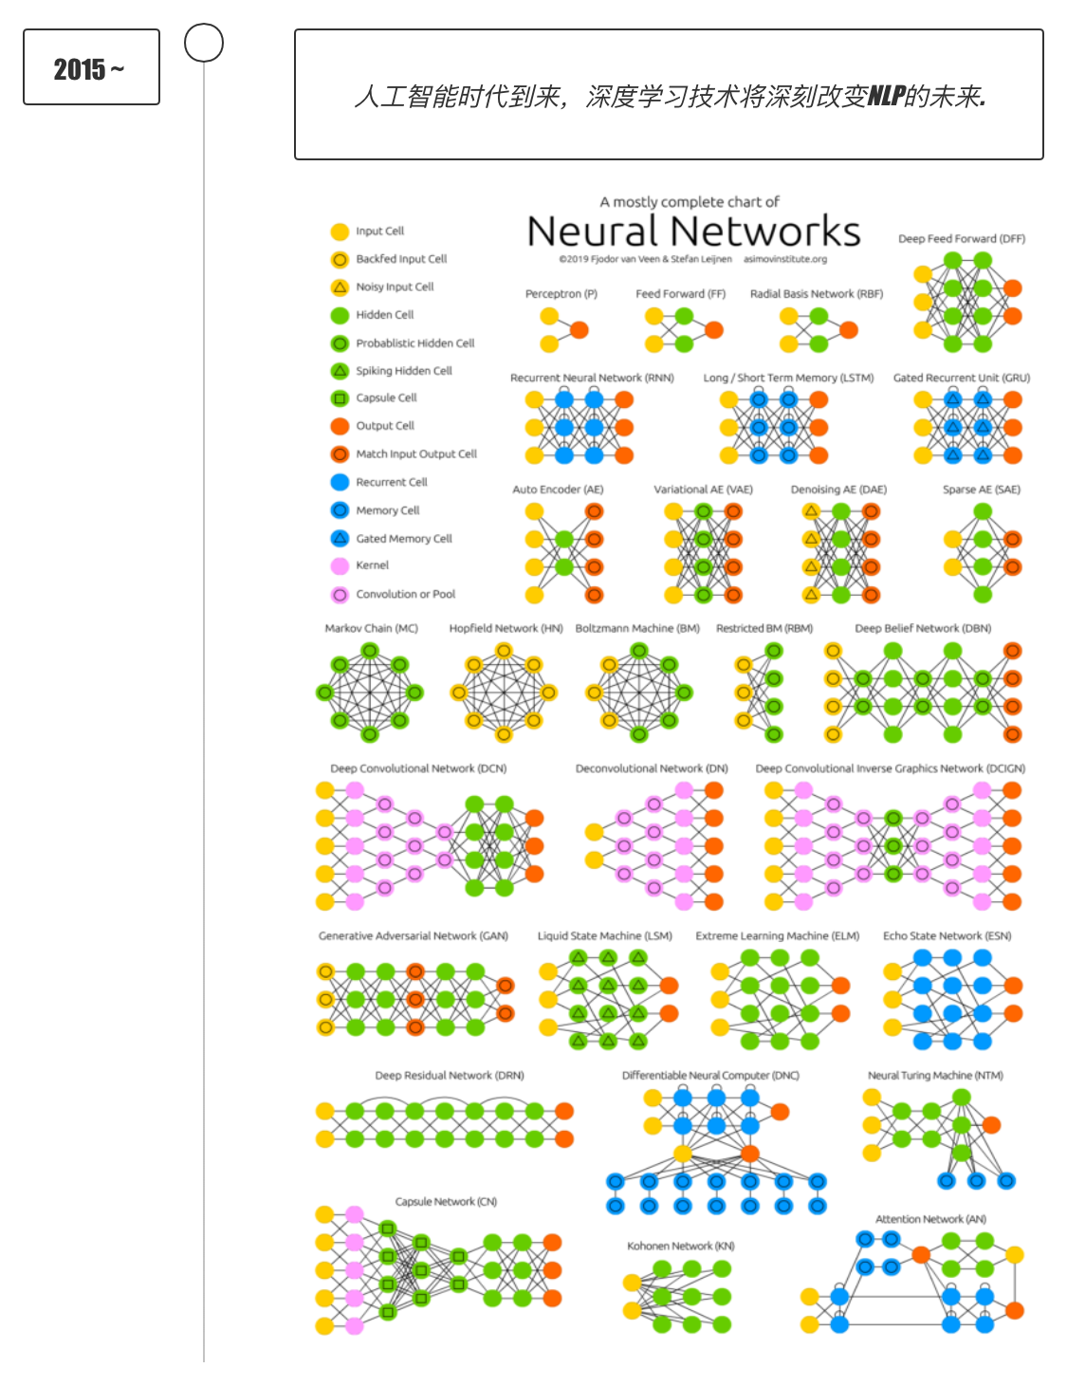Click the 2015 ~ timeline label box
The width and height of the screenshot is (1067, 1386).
[x=91, y=67]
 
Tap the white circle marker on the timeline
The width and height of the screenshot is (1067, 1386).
[x=204, y=43]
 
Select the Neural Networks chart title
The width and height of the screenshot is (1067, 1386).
[x=693, y=231]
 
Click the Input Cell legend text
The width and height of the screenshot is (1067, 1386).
[x=379, y=231]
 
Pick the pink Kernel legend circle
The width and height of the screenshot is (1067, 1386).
[x=340, y=566]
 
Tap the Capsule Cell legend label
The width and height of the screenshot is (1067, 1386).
[x=386, y=398]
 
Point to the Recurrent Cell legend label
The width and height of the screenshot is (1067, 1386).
[x=391, y=482]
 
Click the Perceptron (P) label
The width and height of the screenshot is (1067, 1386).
[x=561, y=294]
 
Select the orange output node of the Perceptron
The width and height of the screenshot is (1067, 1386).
[x=579, y=330]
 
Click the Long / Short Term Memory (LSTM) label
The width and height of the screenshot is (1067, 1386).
[x=788, y=378]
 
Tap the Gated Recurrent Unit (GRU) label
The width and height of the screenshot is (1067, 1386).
[x=961, y=378]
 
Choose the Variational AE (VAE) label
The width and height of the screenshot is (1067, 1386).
[x=703, y=490]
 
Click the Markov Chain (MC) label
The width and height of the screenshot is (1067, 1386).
[x=371, y=628]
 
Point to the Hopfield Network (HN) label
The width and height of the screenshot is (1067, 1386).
[x=506, y=628]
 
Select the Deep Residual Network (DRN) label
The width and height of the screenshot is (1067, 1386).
[x=450, y=1076]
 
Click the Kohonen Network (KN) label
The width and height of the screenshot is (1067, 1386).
[x=680, y=1246]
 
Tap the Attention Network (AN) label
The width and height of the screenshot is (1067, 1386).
[x=930, y=1219]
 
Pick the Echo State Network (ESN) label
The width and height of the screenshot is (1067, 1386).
[x=947, y=935]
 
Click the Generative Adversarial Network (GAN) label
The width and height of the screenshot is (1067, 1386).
[x=414, y=935]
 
